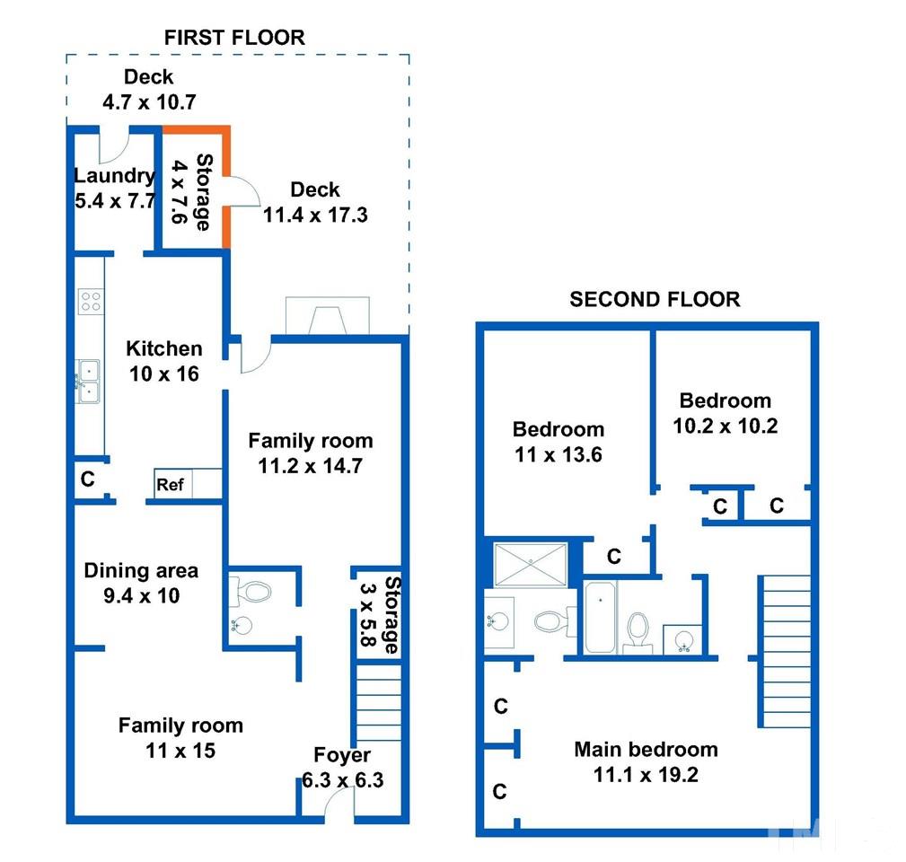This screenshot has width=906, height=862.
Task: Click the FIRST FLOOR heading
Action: coord(234,38)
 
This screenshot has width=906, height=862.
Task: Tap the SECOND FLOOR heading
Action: coord(655,299)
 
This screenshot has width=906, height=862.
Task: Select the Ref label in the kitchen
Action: coord(170,485)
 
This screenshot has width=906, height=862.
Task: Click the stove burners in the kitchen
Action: coord(91,302)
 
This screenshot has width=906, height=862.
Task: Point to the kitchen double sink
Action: coord(88,382)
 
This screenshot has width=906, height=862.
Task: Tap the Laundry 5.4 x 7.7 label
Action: coord(115,188)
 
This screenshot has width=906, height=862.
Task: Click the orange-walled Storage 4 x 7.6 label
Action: coord(192,192)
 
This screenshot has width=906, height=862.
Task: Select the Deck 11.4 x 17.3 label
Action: coord(315,202)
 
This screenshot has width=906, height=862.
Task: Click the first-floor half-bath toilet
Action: coord(251,592)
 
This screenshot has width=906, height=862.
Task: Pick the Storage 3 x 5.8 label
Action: coord(380,614)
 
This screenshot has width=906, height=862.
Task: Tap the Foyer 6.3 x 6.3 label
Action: coord(343,767)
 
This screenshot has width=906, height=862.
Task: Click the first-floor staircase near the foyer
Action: coord(378,702)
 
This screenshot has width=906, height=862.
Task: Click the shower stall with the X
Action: coord(531,565)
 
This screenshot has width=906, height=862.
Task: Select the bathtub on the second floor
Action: coord(601,618)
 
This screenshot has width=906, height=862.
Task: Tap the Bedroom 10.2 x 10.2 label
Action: coord(726,413)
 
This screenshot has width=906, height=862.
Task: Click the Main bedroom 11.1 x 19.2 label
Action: coord(646,762)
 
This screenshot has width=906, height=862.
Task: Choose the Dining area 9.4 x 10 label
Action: coord(141,583)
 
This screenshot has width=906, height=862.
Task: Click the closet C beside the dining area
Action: coord(88,479)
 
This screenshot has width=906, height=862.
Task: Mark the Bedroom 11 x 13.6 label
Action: coord(559,442)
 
